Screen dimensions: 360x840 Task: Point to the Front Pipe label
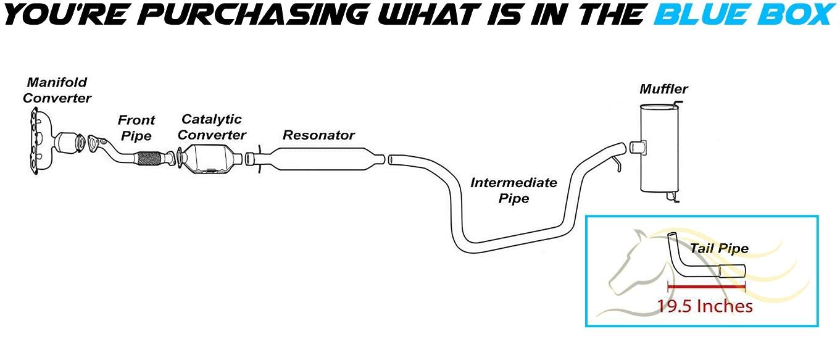(136, 128)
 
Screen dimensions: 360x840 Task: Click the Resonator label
(318, 135)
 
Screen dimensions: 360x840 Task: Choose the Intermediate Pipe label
(514, 190)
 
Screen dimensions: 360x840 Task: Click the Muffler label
(663, 89)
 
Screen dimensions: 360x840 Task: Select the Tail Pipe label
(719, 249)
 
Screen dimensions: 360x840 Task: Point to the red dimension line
(707, 287)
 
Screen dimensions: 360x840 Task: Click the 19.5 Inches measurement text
(704, 306)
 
